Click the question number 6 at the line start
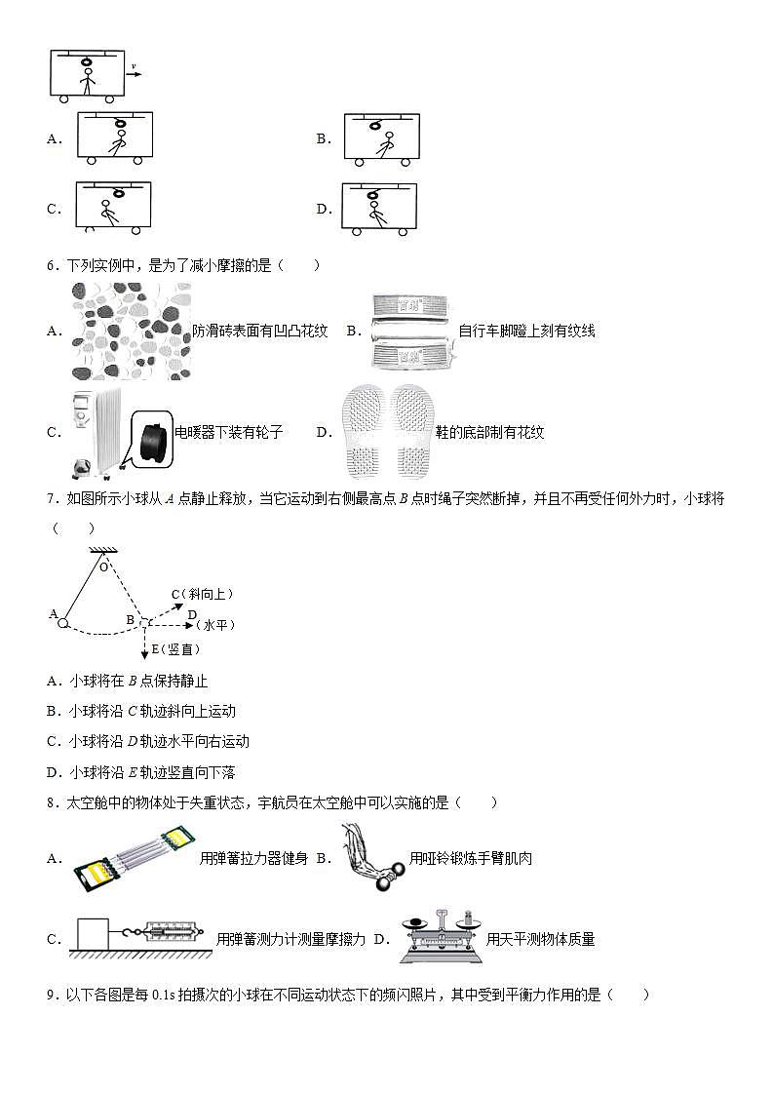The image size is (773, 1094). [52, 265]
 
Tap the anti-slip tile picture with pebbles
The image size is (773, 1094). [131, 331]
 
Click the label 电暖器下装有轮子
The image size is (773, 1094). [228, 432]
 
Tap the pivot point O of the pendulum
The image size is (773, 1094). [103, 565]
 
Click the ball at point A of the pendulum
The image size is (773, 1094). [61, 622]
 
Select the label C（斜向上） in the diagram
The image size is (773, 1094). [203, 594]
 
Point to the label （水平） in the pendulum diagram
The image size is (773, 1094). [215, 625]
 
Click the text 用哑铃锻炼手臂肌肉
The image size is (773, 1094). [471, 859]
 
